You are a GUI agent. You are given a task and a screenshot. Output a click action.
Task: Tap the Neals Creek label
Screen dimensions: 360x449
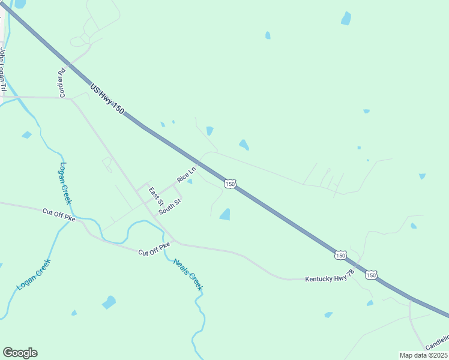(188, 275)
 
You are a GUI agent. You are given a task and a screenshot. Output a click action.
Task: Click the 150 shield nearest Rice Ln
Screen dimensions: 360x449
(230, 184)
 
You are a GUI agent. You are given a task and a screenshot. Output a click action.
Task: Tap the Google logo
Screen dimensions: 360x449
(20, 353)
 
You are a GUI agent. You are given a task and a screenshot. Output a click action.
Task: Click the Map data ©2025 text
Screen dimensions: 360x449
(423, 355)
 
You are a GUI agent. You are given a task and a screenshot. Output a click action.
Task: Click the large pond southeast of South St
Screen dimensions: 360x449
(224, 214)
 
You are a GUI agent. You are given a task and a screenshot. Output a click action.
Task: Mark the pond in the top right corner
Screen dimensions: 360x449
(346, 19)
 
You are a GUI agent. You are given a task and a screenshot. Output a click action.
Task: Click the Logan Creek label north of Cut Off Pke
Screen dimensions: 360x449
(65, 183)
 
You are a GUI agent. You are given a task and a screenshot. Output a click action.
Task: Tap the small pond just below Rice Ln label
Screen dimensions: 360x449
(190, 182)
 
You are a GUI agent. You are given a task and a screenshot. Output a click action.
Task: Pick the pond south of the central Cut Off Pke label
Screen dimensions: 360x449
(109, 302)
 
